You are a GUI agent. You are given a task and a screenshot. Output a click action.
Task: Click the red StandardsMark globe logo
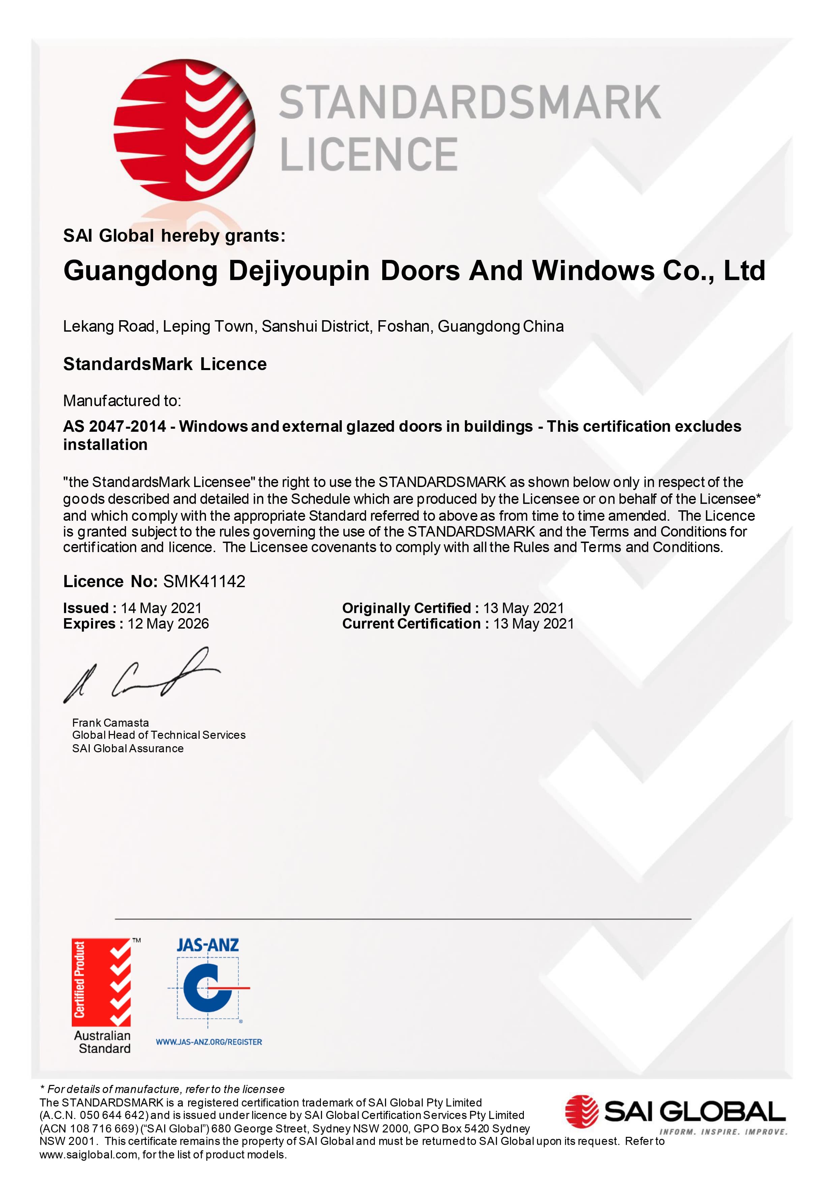pos(184,130)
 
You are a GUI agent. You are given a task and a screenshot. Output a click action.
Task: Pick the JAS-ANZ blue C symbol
pos(207,989)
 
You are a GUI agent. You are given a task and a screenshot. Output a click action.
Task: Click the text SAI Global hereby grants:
pos(174,236)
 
